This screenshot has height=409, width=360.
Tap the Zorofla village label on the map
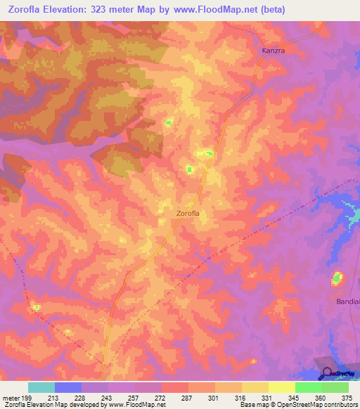click(193, 214)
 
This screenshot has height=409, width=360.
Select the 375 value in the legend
click(347, 397)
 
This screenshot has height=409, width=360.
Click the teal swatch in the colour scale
click(41, 387)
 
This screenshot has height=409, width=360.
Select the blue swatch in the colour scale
click(68, 387)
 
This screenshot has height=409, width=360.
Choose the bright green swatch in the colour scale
click(308, 387)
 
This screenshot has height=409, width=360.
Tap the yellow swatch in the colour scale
click(281, 387)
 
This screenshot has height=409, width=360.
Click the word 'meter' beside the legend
click(12, 397)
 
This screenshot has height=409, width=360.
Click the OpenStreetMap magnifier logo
click(326, 374)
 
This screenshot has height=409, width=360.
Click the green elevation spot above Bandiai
click(337, 279)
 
